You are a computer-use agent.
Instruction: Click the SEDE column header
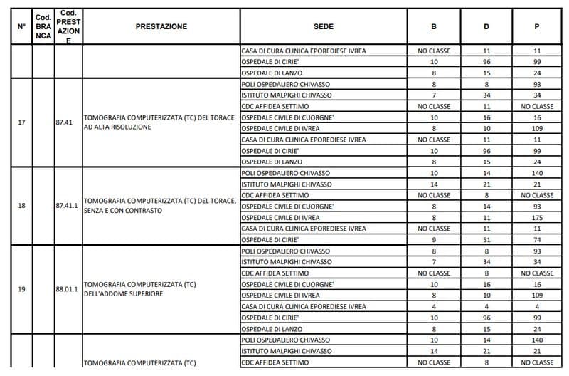coord(323,27)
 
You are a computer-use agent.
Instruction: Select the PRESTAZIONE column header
coord(161,27)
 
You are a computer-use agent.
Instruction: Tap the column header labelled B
coord(434,27)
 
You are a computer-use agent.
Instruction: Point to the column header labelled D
coord(486,27)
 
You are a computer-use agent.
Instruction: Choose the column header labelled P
coord(537,27)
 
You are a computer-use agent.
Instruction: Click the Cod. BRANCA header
coord(43,27)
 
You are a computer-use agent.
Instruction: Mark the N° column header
coord(21,27)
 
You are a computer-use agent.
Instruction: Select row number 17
coord(21,122)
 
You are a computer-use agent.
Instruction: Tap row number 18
coord(21,206)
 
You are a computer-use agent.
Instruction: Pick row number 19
coord(21,289)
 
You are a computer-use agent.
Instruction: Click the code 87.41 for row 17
coord(64,122)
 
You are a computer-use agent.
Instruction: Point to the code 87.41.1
coord(68,206)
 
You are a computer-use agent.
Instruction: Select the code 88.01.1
coord(68,289)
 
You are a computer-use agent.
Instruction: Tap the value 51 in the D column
coord(486,239)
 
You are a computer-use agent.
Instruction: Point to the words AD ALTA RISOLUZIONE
coord(117,127)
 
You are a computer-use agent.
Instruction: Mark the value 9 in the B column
coord(434,239)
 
